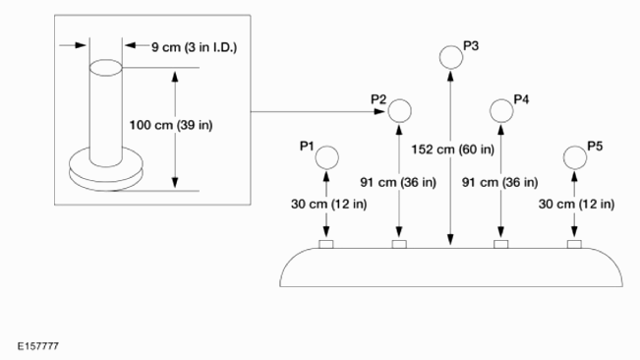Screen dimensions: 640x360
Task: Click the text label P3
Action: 471,46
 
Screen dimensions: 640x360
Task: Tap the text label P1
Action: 307,147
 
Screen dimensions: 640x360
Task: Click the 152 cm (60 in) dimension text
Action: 452,150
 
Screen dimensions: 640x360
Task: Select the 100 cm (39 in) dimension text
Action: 171,125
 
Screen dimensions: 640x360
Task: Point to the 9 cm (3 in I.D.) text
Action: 195,47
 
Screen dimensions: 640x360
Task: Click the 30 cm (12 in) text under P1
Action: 329,204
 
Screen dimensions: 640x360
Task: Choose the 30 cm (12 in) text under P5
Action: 576,204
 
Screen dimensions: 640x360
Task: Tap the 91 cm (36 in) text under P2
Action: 398,182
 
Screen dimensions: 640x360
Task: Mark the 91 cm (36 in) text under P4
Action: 500,182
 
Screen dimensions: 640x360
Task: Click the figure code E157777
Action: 38,346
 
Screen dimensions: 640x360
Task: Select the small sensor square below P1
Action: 326,244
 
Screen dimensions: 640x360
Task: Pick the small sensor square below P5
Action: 574,244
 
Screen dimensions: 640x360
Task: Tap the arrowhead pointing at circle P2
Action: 379,111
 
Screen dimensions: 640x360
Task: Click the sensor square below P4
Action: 501,244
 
